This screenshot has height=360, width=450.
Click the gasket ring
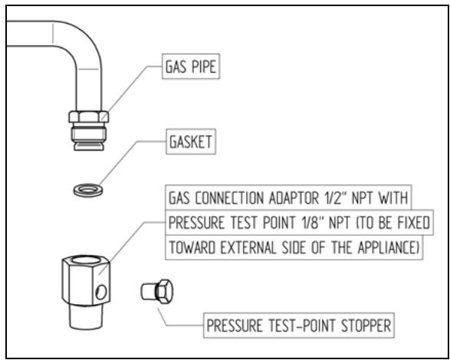[x=89, y=188]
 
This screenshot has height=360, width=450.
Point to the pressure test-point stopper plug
[x=159, y=291]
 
